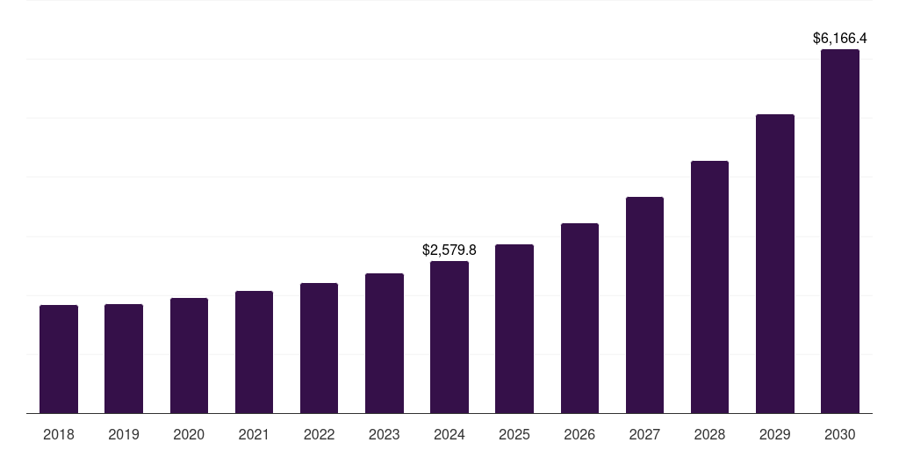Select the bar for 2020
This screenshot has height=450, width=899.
[189, 355]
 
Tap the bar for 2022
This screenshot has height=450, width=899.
[319, 348]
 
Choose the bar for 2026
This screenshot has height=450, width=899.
[579, 318]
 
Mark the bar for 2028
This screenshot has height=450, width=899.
[709, 287]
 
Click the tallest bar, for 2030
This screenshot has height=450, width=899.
[840, 231]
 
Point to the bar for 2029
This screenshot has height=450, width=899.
[775, 264]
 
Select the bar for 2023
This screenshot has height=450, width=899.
[385, 343]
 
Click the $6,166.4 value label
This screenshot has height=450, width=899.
[840, 39]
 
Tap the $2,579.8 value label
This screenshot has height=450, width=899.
[449, 250]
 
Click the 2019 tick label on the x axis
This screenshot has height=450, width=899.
[124, 435]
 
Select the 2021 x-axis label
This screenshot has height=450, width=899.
[254, 435]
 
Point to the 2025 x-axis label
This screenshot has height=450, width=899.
[514, 435]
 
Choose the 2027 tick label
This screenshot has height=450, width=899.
[644, 435]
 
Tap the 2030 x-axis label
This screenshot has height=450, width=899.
[840, 435]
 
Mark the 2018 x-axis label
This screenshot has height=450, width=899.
[59, 435]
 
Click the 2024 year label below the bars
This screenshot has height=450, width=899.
[449, 435]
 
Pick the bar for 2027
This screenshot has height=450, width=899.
[644, 305]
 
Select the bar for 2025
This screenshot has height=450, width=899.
[514, 329]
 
